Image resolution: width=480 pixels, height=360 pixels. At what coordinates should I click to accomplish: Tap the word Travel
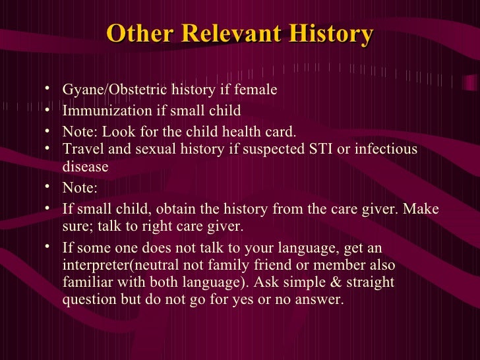pyautogui.click(x=81, y=149)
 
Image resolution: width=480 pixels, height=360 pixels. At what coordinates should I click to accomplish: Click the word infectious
pyautogui.click(x=386, y=149)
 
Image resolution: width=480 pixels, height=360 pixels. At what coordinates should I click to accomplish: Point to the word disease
pyautogui.click(x=85, y=167)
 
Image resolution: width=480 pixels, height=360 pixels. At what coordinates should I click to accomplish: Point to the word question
pyautogui.click(x=90, y=300)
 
